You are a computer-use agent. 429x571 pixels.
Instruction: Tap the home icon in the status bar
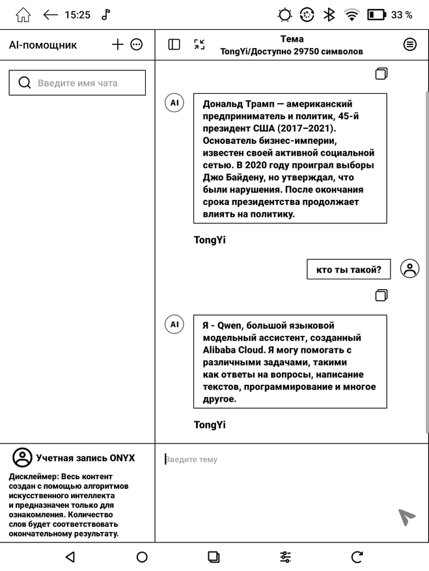pyautogui.click(x=23, y=15)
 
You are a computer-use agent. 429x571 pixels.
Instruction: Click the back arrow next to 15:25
pyautogui.click(x=51, y=15)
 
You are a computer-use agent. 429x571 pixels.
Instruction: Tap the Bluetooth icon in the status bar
pyautogui.click(x=329, y=15)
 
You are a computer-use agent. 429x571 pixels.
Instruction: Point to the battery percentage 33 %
pyautogui.click(x=402, y=15)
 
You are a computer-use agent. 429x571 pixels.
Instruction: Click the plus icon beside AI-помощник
pyautogui.click(x=117, y=44)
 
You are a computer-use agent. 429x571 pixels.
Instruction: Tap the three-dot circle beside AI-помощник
pyautogui.click(x=136, y=44)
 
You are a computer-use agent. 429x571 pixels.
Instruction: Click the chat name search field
pyautogui.click(x=77, y=83)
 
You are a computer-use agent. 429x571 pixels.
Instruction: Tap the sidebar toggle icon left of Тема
pyautogui.click(x=174, y=44)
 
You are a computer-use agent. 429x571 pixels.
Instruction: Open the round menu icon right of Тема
pyautogui.click(x=409, y=44)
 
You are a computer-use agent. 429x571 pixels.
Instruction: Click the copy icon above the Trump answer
pyautogui.click(x=381, y=74)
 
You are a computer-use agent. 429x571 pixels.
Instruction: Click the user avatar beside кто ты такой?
pyautogui.click(x=410, y=269)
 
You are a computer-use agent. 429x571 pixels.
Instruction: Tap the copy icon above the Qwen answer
pyautogui.click(x=381, y=295)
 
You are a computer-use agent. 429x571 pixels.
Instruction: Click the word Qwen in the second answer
pyautogui.click(x=229, y=326)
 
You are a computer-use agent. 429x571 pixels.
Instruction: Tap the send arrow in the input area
pyautogui.click(x=407, y=516)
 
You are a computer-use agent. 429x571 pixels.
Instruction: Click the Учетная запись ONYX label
pyautogui.click(x=85, y=458)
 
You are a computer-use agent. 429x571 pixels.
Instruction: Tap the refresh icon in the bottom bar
pyautogui.click(x=357, y=557)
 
